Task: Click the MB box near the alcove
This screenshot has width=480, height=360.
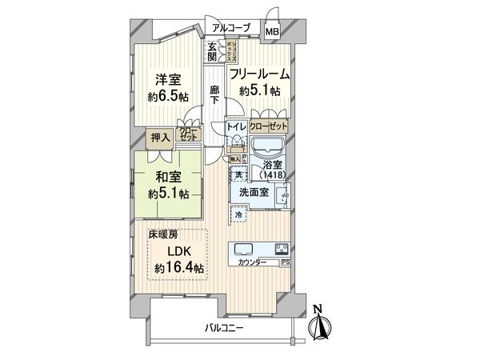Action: pyautogui.click(x=273, y=32)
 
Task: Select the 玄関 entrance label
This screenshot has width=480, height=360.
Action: pyautogui.click(x=212, y=53)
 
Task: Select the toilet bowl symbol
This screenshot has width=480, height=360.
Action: pyautogui.click(x=237, y=145)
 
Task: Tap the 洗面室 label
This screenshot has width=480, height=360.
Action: pyautogui.click(x=253, y=193)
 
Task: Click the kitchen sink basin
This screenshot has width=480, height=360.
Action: pyautogui.click(x=244, y=247)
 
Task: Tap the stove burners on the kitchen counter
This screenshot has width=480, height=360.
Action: pyautogui.click(x=282, y=247)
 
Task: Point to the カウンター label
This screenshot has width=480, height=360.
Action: pyautogui.click(x=254, y=262)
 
